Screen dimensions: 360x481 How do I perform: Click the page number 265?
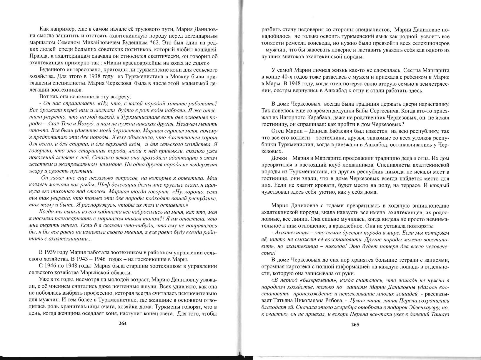(355, 325)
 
